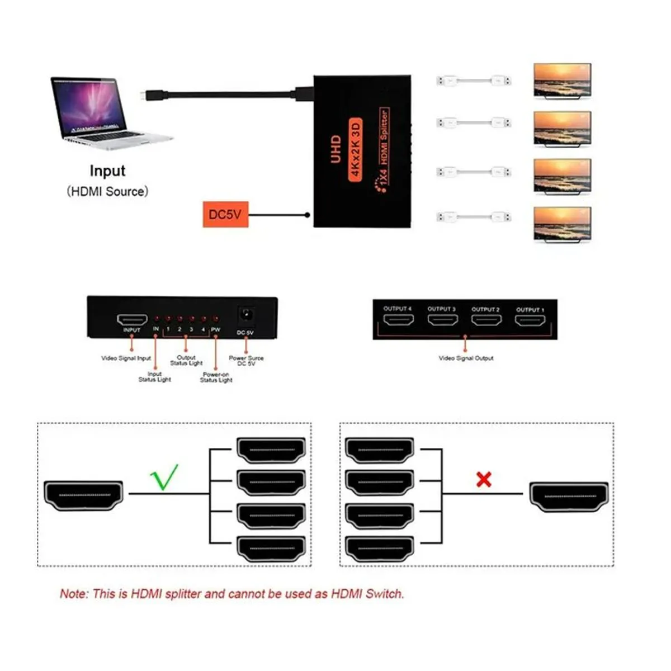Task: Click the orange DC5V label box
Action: pos(225,214)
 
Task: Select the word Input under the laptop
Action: pos(107,171)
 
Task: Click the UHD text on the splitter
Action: pos(335,149)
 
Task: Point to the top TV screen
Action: pos(562,80)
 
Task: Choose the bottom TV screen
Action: pos(562,224)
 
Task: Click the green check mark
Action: pos(164,477)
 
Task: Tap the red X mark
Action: pos(484,479)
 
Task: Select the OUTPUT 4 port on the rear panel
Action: pos(398,320)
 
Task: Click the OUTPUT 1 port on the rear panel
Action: pos(530,320)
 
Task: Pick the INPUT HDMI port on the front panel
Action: pos(132,320)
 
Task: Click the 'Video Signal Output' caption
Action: pos(466,358)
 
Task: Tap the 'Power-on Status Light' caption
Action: pos(216,377)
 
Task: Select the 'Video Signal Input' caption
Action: pos(126,358)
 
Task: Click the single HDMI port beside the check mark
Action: pos(83,495)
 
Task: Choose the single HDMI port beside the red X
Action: pos(569,496)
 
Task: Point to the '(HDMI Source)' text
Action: pos(107,191)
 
